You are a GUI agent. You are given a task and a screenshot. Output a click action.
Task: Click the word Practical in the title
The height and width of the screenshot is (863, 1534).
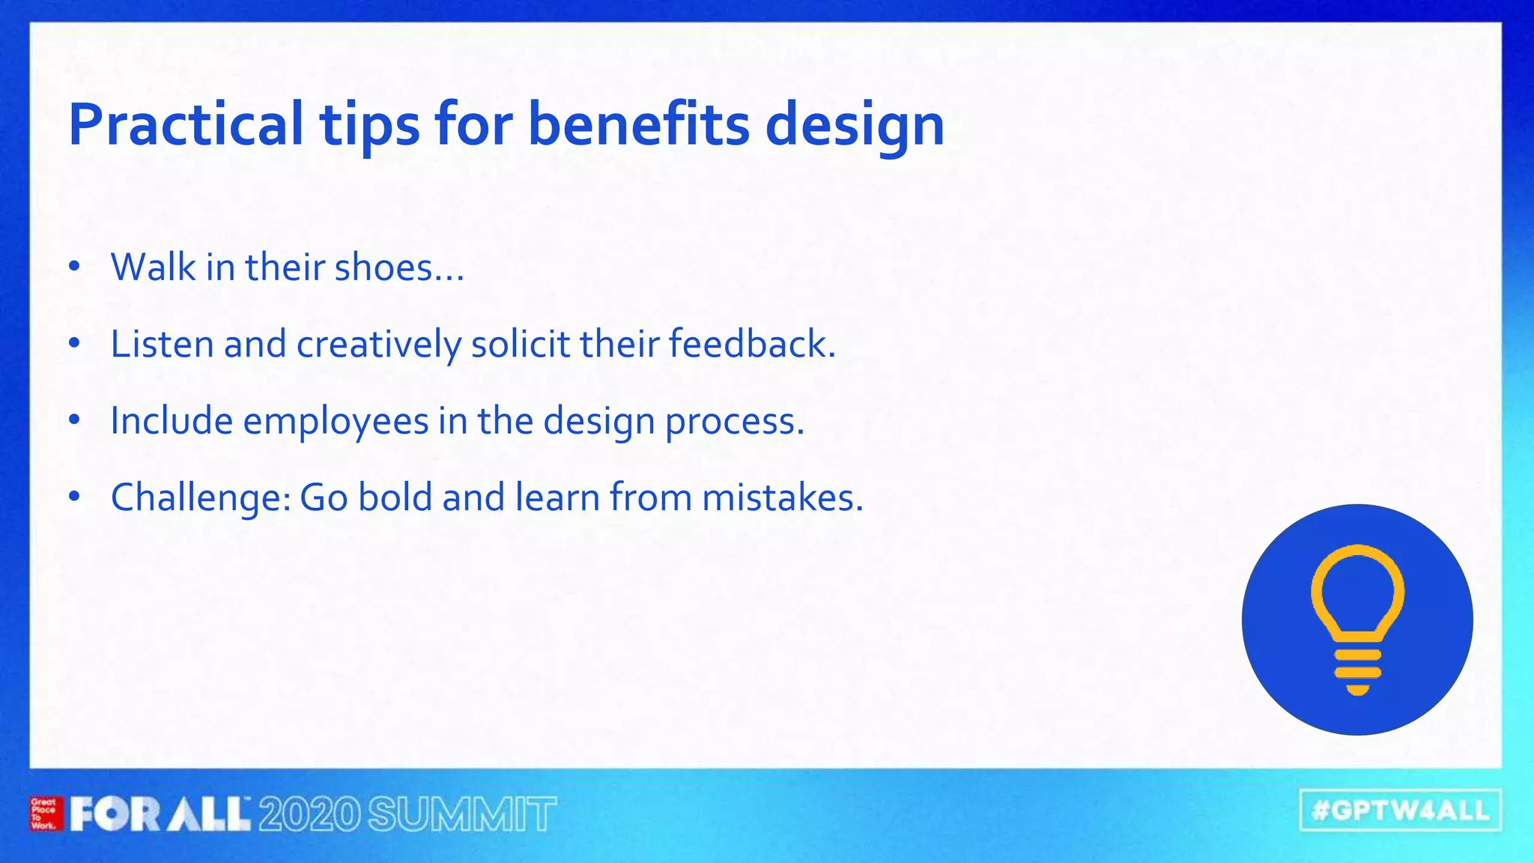186,124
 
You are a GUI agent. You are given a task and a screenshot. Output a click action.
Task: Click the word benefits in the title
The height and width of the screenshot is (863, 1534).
638,124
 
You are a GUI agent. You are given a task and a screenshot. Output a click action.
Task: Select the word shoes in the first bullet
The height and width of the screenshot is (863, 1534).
383,267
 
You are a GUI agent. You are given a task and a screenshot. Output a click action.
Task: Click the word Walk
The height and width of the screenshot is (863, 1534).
153,267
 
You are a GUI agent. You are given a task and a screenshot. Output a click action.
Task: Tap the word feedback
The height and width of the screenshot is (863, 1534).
751,345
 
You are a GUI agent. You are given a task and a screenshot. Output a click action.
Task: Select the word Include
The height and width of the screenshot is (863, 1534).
172,421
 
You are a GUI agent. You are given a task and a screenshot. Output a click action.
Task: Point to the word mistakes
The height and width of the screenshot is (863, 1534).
782,497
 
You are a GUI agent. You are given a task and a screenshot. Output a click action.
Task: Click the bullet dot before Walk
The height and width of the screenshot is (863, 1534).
73,267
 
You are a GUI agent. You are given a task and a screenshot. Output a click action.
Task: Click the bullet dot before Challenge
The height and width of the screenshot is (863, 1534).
73,497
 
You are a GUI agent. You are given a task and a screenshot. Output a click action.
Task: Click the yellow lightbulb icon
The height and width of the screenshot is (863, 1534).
1357,620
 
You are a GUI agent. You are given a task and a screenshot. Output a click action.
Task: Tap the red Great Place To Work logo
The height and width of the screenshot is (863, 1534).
44,814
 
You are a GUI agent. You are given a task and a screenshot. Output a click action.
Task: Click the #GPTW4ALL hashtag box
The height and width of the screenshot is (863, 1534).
1400,810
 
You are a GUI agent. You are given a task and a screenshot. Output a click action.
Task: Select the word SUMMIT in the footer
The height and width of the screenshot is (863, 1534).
462,814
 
